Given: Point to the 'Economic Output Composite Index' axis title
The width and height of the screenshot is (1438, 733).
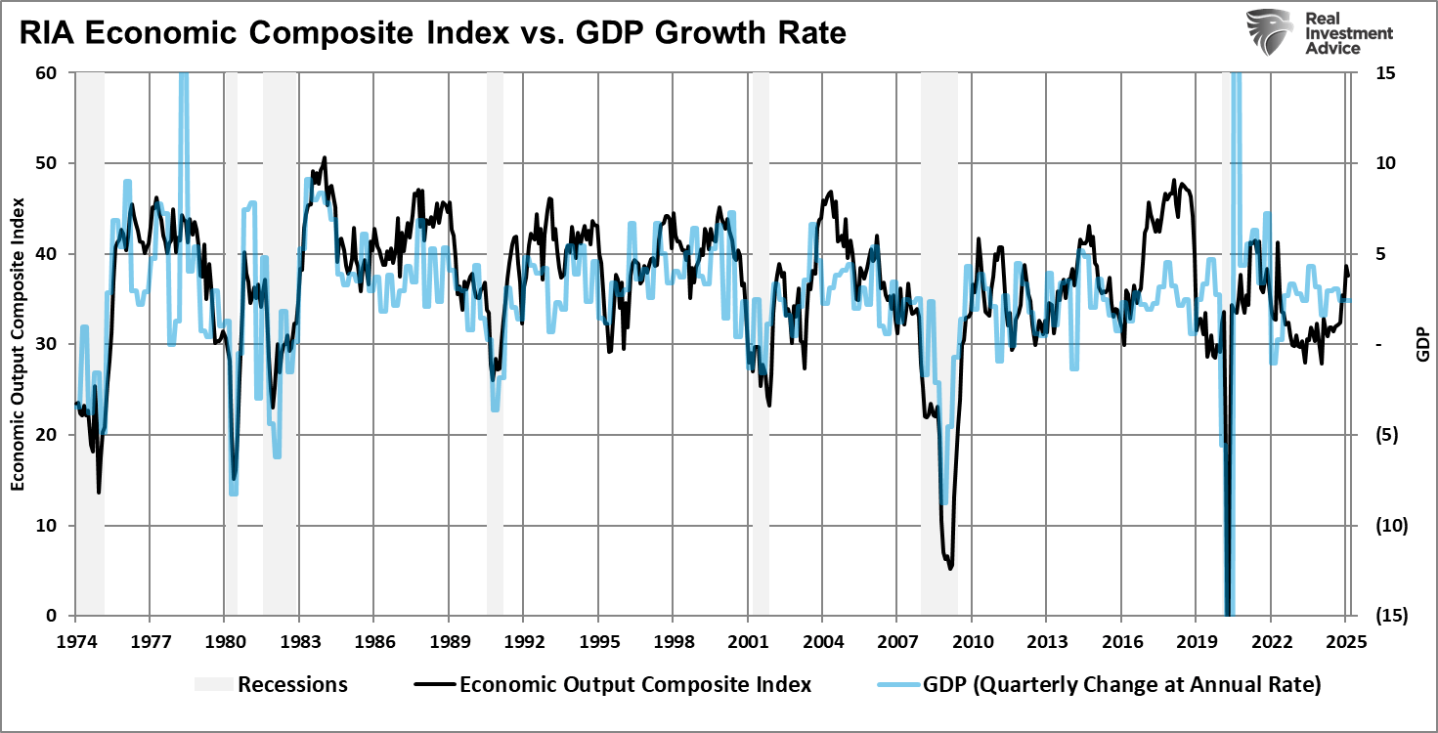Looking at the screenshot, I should click(19, 344).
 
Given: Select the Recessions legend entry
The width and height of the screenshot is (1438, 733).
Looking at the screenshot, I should click(271, 684).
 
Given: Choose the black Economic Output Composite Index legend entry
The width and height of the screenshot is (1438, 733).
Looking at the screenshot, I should click(616, 684).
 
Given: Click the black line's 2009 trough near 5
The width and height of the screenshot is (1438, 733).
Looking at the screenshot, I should click(950, 567).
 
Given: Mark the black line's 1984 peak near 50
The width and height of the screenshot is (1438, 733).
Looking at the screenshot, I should click(325, 157).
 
